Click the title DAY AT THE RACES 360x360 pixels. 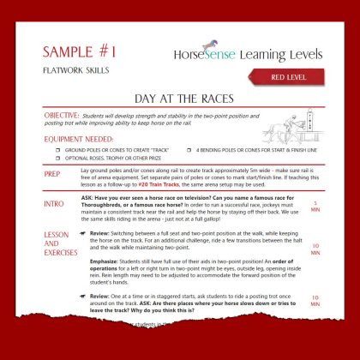pyautogui.click(x=179, y=100)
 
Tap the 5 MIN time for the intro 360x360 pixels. pyautogui.click(x=316, y=207)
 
